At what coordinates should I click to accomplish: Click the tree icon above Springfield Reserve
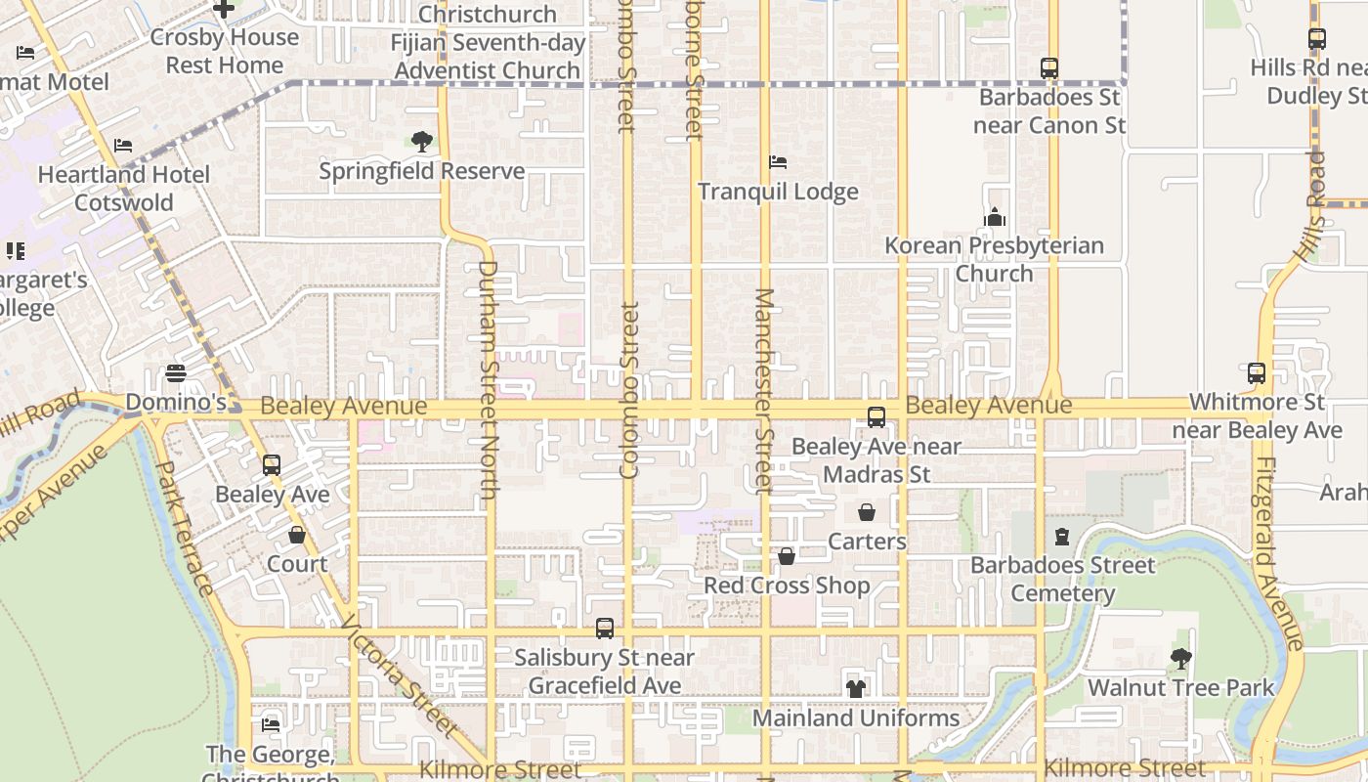[x=422, y=142]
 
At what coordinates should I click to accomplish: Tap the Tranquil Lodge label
[x=778, y=192]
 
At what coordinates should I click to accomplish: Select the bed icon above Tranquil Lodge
[x=778, y=161]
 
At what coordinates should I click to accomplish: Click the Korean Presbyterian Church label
[x=994, y=259]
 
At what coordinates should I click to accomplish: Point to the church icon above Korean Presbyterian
[x=995, y=217]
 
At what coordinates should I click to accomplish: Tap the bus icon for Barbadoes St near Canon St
[x=1049, y=68]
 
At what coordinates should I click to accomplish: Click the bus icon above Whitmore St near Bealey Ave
[x=1257, y=372]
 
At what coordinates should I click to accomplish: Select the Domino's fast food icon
[x=176, y=373]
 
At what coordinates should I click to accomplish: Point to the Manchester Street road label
[x=764, y=391]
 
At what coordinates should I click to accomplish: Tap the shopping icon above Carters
[x=867, y=512]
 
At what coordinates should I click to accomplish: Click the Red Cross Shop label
[x=787, y=586]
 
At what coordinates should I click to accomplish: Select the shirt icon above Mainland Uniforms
[x=856, y=688]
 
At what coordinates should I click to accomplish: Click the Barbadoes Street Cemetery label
[x=1062, y=579]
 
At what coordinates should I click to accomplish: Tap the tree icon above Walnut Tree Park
[x=1181, y=659]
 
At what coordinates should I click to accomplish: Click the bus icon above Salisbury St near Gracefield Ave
[x=605, y=629]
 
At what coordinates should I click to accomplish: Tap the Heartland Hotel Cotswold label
[x=124, y=189]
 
